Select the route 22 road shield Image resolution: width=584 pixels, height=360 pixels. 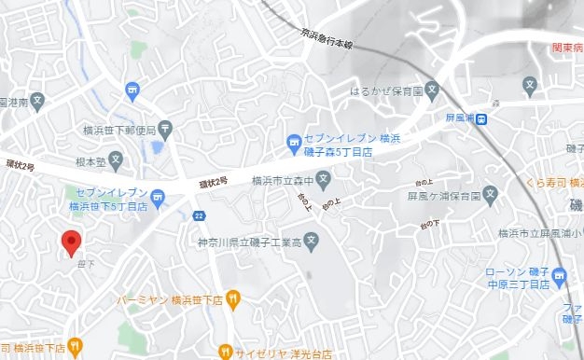tap(199, 215)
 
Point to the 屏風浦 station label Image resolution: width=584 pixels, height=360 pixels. tap(460, 118)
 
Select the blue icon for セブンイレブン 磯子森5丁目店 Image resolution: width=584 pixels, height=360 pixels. tap(292, 143)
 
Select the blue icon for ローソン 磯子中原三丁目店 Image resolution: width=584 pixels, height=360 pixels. tap(559, 276)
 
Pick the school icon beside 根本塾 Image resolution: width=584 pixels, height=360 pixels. tap(116, 160)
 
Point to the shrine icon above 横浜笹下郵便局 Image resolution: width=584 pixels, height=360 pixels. tap(132, 90)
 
